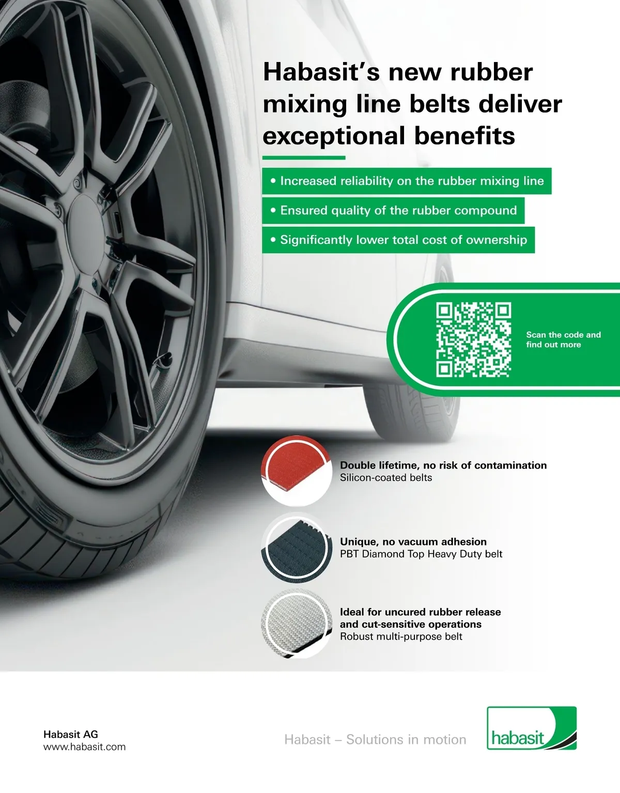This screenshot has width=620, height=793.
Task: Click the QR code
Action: (473, 340)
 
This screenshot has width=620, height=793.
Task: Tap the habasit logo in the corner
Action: (532, 728)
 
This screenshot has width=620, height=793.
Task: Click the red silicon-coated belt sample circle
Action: (297, 471)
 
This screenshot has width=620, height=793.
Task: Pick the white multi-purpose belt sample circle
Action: (297, 624)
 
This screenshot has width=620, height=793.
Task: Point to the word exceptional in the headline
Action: (334, 136)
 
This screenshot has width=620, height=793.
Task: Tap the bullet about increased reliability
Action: (407, 181)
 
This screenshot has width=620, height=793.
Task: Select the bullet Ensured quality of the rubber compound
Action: (393, 211)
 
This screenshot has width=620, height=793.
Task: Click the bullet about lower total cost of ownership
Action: (398, 240)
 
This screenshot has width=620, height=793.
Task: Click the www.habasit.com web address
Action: (84, 747)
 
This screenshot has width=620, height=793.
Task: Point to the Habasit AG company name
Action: (71, 734)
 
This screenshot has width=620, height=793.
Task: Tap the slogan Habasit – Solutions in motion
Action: (375, 740)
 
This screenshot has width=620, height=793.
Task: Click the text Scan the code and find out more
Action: (563, 339)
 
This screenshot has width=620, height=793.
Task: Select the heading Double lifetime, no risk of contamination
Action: (443, 465)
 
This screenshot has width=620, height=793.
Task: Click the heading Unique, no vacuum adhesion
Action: (413, 541)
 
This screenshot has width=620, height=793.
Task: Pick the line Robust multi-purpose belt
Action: (401, 636)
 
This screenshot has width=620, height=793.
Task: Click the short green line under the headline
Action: (304, 158)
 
